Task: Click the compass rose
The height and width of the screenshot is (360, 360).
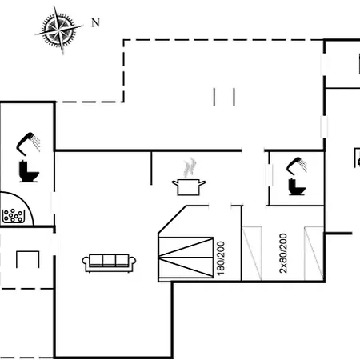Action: coord(59,29)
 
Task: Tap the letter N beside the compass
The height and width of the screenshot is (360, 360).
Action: coord(95,22)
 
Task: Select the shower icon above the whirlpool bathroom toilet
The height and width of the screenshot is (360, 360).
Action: coord(28,144)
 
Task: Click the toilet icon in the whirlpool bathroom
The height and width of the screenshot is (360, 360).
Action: coord(29,171)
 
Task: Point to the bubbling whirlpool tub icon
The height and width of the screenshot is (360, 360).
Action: coord(14,216)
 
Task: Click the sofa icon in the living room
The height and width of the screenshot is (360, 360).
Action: coord(109,263)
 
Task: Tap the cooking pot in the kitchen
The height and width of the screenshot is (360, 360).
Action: coord(189,187)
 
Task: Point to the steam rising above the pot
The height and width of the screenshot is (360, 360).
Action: coord(190,167)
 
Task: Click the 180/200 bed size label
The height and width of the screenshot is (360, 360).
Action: coord(221,258)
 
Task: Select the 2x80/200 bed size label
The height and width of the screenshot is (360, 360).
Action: coord(283,253)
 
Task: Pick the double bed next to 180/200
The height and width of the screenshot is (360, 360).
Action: coord(186,258)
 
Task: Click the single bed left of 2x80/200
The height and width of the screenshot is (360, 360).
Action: coord(252,254)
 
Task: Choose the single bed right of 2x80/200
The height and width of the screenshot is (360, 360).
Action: coord(314,254)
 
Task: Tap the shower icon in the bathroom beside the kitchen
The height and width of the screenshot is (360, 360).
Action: coord(297,166)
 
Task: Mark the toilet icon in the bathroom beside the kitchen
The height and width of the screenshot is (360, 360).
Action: coord(297,187)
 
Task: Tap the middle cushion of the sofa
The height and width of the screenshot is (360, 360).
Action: coord(109,260)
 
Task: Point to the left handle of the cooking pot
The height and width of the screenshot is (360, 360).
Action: coord(175,183)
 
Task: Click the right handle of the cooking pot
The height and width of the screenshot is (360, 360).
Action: coord(202,183)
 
